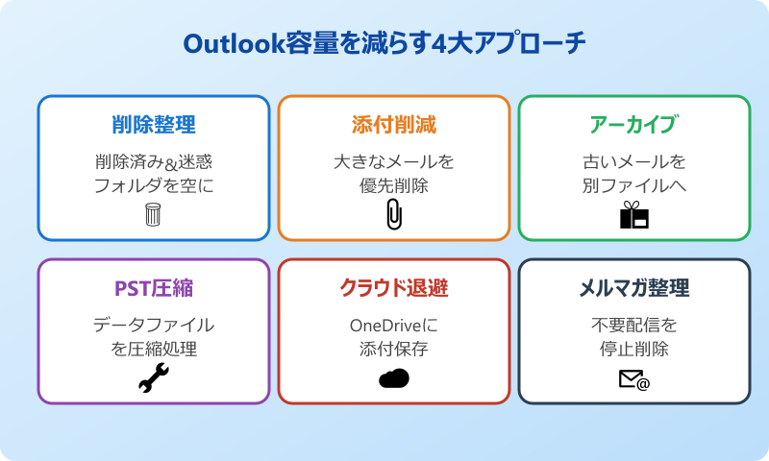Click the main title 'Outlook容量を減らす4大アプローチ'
pos(384,44)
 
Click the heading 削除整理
pos(154,125)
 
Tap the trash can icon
pos(154,214)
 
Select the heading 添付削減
pos(394,125)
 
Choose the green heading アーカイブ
pos(633,125)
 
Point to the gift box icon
pos(634,215)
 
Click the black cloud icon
pos(394,378)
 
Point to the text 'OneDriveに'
pos(394,325)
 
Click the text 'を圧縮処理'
pos(154,349)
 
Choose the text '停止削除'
pos(634,349)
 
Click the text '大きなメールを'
pos(394,161)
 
